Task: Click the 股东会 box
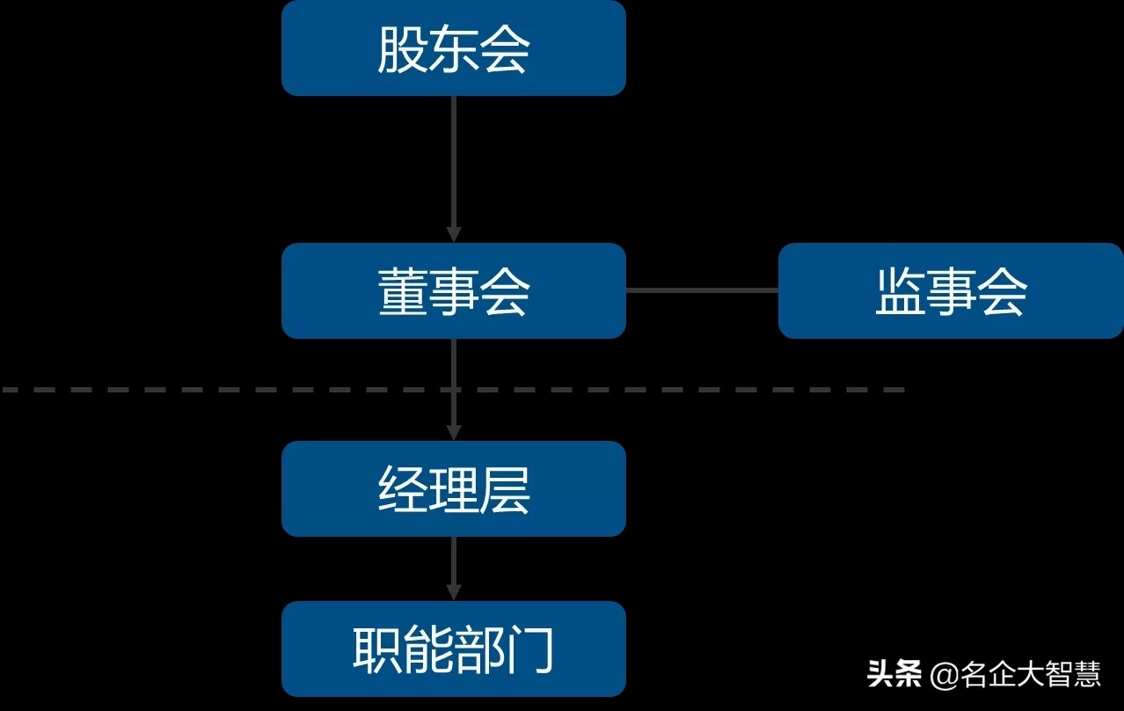(453, 48)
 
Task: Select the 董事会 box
(453, 290)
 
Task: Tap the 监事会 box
(951, 290)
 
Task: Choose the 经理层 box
(453, 488)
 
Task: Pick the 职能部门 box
(453, 649)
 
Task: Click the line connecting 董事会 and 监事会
(702, 290)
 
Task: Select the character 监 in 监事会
(900, 291)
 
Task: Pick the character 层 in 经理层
(505, 489)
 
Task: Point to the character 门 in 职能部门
(530, 649)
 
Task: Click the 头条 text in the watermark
(894, 675)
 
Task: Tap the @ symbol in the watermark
(945, 676)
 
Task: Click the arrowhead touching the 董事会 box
(453, 234)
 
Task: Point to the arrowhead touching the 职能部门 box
(453, 591)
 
